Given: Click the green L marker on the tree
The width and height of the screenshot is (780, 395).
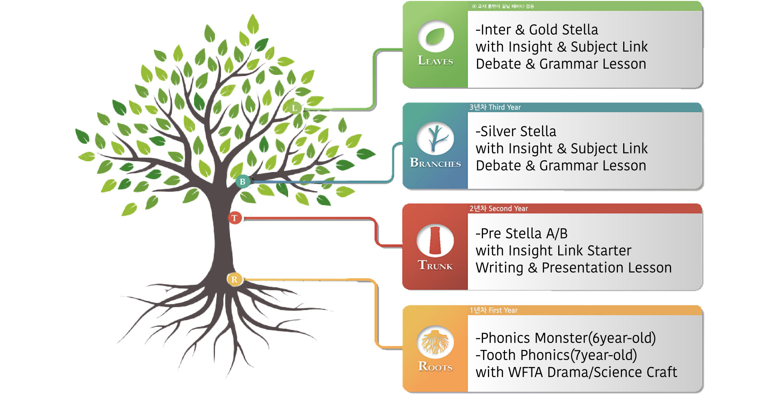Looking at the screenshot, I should click(x=294, y=108).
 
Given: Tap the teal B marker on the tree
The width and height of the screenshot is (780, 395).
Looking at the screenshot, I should click(x=243, y=181).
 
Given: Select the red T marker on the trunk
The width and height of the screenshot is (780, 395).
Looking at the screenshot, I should click(x=235, y=218).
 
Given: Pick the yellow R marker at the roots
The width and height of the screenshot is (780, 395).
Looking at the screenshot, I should click(x=234, y=279).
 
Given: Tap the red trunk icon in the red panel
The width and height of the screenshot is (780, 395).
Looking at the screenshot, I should click(x=435, y=240).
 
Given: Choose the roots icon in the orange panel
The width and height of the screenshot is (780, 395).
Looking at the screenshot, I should click(x=435, y=342).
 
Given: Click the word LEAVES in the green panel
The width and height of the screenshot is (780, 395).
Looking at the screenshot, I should click(x=435, y=61).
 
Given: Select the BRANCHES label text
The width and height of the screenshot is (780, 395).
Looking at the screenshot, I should click(x=435, y=163).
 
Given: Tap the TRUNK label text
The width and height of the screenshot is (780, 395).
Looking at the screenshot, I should click(x=435, y=266).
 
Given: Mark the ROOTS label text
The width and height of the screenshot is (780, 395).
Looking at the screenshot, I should click(x=435, y=367).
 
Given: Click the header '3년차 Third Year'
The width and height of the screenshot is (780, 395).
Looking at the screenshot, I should click(x=495, y=107).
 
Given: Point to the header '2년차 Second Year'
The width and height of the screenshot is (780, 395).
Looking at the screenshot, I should click(x=498, y=209).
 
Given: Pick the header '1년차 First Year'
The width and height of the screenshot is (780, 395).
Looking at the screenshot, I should click(x=494, y=310).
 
